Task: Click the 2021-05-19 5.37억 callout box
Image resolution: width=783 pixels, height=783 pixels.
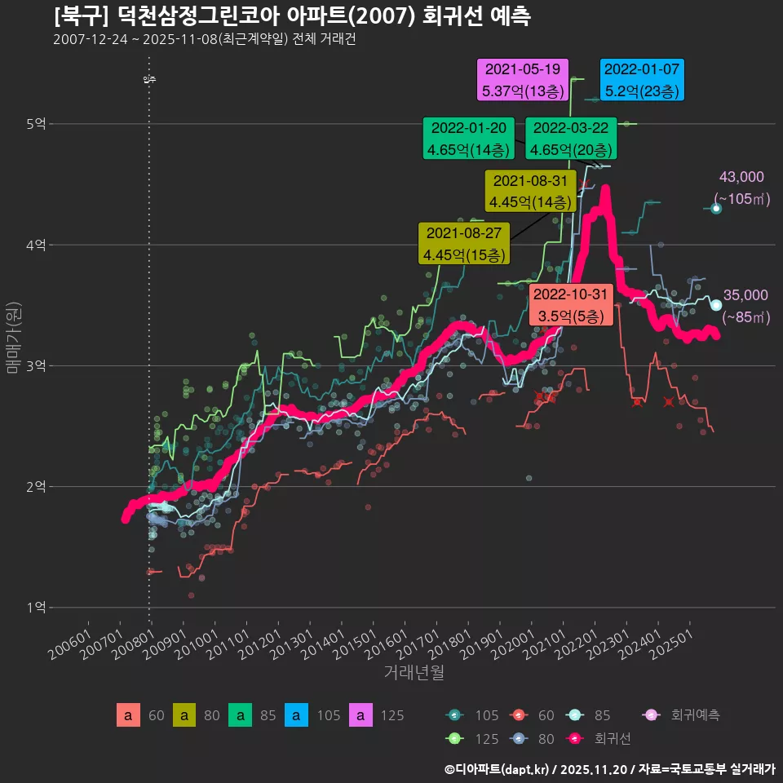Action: [522, 80]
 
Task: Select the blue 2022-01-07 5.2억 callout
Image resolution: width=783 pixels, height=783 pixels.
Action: [641, 80]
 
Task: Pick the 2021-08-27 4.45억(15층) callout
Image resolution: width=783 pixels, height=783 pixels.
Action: [463, 243]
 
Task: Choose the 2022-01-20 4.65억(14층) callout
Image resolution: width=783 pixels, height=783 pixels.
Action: [468, 139]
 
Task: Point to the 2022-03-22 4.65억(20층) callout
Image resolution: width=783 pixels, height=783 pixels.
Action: [571, 139]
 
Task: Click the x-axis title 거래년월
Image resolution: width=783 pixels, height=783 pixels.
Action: [414, 673]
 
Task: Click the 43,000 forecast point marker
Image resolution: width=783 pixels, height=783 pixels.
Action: [716, 209]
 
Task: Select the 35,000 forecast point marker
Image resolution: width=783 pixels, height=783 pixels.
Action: [716, 305]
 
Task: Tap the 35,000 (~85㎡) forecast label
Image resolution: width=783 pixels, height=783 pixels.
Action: [745, 306]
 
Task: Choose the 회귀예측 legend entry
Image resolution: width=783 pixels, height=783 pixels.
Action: [682, 715]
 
